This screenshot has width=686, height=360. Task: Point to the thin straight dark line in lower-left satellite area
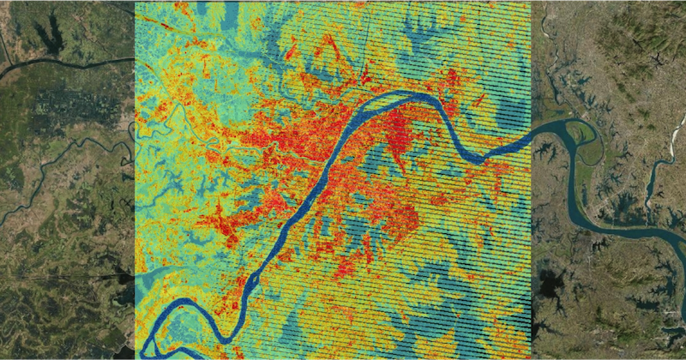coord(60,277)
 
